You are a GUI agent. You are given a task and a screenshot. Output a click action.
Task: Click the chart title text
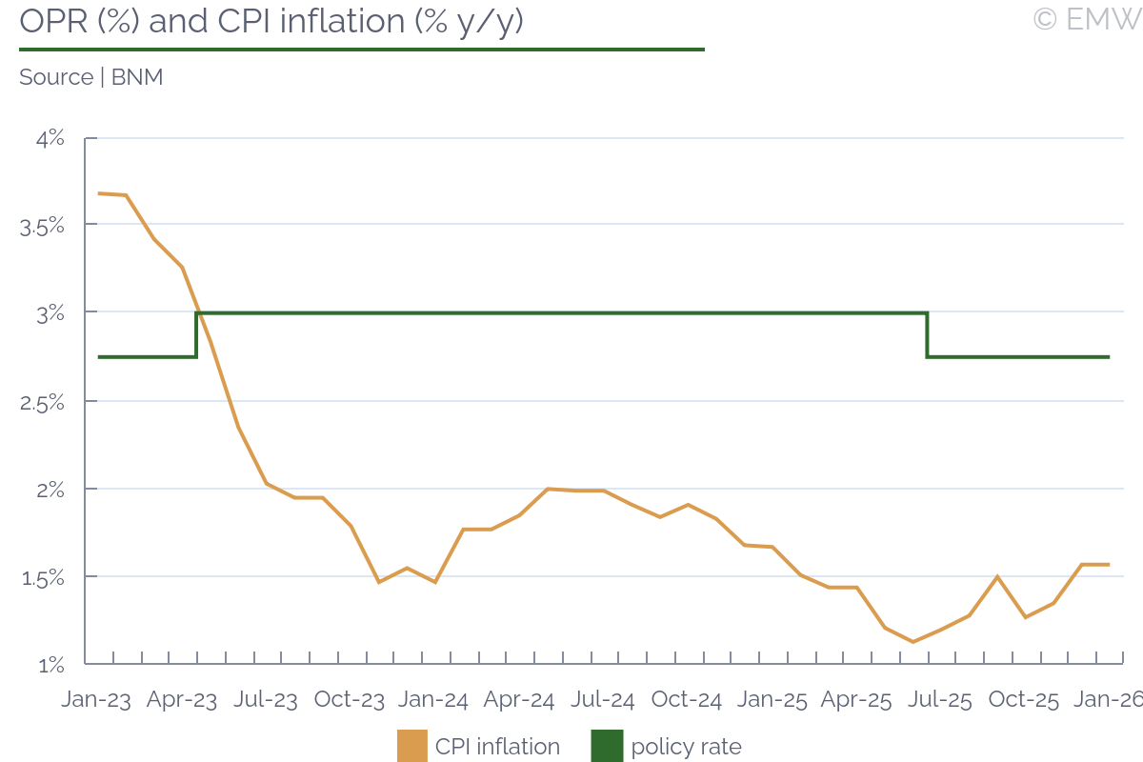pos(271,21)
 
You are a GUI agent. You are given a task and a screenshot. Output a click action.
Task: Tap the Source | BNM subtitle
pos(91,77)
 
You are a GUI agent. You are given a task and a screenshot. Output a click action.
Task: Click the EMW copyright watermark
pos(1087,19)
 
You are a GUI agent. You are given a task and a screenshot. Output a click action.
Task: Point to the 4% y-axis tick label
pos(50,138)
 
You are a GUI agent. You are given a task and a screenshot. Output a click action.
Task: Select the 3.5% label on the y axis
pos(42,226)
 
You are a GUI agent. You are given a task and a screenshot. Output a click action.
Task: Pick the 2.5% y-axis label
pos(42,402)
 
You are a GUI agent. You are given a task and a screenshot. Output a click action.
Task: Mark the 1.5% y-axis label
pos(42,577)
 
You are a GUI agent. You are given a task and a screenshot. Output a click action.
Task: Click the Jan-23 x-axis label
pos(96,699)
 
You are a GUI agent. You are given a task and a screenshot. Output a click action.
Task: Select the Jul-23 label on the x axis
pos(265,699)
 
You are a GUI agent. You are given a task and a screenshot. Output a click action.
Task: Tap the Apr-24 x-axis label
pos(519,699)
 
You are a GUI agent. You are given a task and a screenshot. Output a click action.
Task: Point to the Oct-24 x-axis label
pos(687,699)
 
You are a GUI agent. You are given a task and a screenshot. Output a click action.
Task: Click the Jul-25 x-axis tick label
pos(940,699)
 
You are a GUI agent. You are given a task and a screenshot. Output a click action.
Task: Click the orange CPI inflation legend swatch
pos(412,746)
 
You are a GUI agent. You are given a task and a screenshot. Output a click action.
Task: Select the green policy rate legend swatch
pos(607,746)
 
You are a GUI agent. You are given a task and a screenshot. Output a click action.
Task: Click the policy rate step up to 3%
pos(196,334)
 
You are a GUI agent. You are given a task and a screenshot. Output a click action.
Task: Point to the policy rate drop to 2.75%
pos(927,334)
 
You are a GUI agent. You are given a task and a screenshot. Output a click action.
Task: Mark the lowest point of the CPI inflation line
pos(913,642)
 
